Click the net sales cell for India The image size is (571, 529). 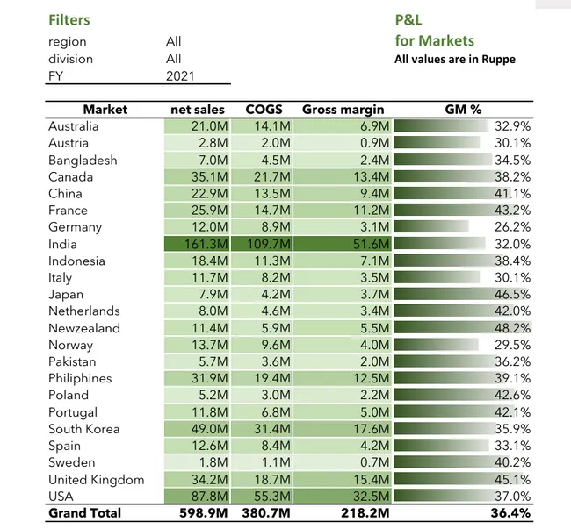[x=199, y=244]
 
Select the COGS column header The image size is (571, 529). [x=263, y=110]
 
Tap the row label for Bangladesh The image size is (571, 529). [x=82, y=161]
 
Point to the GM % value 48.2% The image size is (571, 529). [x=512, y=328]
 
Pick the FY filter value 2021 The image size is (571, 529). [x=180, y=76]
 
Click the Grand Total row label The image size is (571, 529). [x=84, y=513]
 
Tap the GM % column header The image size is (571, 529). [x=463, y=110]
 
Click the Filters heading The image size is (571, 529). [x=69, y=19]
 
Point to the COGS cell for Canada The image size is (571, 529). [x=263, y=177]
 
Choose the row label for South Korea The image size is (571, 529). [x=83, y=429]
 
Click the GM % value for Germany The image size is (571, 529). [x=512, y=227]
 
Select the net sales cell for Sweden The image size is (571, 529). [x=199, y=462]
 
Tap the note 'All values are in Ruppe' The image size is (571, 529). [x=454, y=60]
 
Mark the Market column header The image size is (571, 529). [x=105, y=110]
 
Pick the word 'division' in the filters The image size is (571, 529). [x=70, y=59]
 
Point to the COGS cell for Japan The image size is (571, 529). [x=263, y=295]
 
